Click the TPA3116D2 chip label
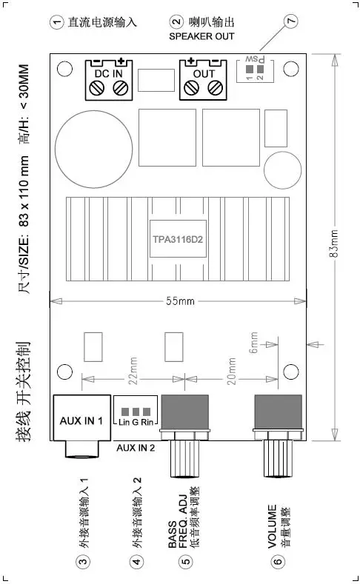178,239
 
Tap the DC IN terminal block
109,80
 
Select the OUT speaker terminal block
203,80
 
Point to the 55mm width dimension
181,301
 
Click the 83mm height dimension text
334,244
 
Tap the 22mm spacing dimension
134,371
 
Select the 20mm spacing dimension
231,371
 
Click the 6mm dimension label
254,342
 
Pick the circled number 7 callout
291,21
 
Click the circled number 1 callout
56,22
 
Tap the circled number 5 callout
185,561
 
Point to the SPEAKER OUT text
201,36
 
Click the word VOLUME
272,526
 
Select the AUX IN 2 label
136,448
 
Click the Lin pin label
124,422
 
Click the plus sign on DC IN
121,61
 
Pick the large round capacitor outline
93,149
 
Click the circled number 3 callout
83,561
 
